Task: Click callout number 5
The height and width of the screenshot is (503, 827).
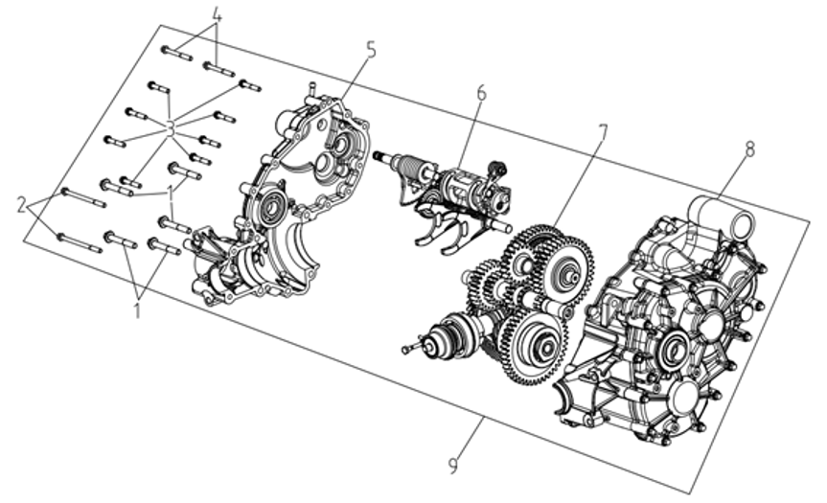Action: (371, 49)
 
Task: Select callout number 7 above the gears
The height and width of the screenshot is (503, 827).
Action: (601, 131)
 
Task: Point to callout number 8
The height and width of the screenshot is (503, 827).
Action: (748, 149)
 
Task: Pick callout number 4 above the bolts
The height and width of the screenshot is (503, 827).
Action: (217, 17)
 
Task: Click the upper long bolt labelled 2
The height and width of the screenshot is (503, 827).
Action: (83, 198)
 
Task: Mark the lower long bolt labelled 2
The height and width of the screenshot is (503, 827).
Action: (80, 242)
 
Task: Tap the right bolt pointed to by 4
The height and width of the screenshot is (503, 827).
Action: (218, 68)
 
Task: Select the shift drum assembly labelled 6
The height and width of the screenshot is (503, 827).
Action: (460, 187)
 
